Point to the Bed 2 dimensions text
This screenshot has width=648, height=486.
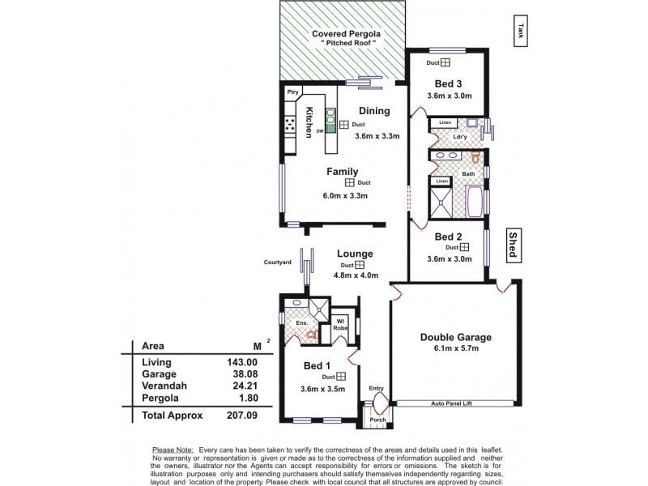[447, 259]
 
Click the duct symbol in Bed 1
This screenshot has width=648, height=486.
[341, 377]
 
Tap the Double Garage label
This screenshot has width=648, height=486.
[455, 337]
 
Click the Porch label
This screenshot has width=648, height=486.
[378, 420]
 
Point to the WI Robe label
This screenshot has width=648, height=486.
[342, 324]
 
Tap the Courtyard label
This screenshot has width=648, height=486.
[277, 262]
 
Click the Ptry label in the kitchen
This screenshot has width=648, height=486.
[292, 92]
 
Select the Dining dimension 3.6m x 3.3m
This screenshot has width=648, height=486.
[377, 136]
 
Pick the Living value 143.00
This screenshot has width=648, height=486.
[244, 362]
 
